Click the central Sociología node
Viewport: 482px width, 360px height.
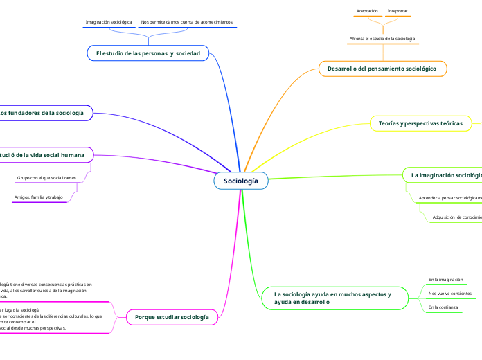pos(240,181)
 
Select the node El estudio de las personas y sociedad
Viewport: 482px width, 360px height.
pos(148,53)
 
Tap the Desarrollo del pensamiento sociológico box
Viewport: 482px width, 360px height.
pos(382,69)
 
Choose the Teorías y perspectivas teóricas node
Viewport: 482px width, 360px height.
pos(420,123)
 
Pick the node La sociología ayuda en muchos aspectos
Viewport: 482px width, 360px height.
pos(332,298)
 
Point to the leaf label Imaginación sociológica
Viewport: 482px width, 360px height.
pos(108,22)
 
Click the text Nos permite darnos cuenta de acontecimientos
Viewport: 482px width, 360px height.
pos(186,22)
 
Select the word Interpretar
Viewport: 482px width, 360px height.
pos(398,11)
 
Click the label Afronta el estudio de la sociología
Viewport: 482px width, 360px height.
pos(382,39)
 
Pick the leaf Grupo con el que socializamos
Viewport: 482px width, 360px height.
pos(46,178)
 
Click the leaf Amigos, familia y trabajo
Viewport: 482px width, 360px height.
pos(38,198)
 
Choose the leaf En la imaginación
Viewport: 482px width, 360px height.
pos(445,280)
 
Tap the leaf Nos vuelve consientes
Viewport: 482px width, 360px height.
pos(450,294)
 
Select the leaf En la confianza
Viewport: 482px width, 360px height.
pos(443,307)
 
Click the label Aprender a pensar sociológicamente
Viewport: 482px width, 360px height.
pos(450,198)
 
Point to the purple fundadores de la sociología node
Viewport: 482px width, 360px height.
pos(43,112)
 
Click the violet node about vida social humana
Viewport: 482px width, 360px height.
pos(43,155)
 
